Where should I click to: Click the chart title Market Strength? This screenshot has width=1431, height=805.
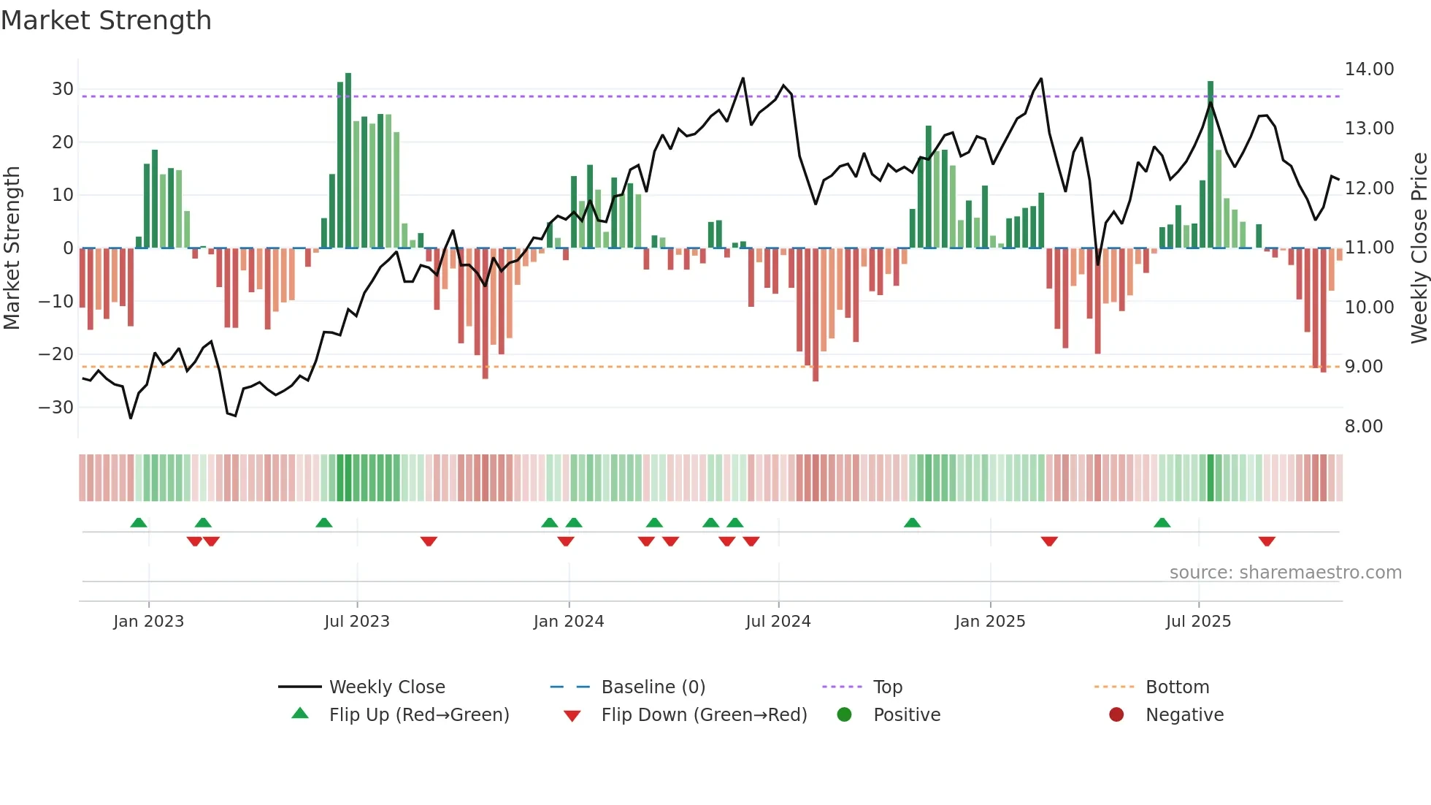pos(106,20)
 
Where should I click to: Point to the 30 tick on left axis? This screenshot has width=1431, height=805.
pos(63,89)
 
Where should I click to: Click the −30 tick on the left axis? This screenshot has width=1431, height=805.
pos(56,408)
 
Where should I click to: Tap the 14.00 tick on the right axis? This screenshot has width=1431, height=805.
pos(1369,69)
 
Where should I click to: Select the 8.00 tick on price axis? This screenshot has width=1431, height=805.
pos(1363,427)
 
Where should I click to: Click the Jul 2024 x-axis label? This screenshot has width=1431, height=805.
pos(778,622)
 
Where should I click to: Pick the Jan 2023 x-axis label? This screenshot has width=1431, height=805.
pos(148,622)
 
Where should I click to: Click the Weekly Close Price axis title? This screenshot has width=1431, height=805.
pos(1419,248)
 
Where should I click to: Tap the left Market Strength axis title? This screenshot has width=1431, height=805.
pos(12,248)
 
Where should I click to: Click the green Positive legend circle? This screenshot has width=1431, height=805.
pos(845,715)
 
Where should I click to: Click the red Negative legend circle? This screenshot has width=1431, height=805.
pos(1116,715)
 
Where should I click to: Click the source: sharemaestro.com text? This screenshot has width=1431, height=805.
pos(1285,573)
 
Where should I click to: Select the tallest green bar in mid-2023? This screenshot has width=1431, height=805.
pos(348,161)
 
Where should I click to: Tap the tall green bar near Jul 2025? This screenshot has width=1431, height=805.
pos(1211,164)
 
